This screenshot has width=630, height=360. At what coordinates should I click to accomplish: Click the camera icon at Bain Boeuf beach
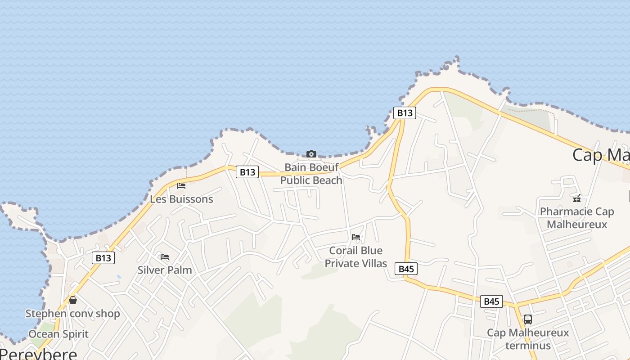point(311,154)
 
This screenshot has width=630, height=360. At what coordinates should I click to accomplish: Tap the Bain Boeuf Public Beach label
point(311,174)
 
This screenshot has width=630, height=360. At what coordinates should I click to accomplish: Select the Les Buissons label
point(181,199)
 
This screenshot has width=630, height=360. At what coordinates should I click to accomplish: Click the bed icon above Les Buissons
point(181,185)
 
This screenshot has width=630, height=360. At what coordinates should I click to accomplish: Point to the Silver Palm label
point(165,270)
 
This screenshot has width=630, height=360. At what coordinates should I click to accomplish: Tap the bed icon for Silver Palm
point(165,257)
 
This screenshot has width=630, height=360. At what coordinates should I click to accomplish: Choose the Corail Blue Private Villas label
point(356,257)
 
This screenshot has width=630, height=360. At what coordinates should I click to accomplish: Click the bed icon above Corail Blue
point(356,237)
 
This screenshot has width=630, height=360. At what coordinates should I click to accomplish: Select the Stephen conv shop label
point(72,314)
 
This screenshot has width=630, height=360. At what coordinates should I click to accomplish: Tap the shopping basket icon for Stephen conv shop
point(73,300)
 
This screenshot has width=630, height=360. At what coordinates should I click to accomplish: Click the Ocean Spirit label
point(58,334)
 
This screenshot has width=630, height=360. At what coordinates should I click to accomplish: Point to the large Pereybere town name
point(39,354)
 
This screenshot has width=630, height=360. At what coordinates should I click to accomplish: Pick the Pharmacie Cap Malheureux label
point(576,218)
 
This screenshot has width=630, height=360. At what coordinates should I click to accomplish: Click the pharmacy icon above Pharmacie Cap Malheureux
point(576,198)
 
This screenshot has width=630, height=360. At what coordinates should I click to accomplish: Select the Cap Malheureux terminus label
point(528,339)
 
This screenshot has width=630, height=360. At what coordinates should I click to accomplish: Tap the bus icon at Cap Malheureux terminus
point(528,319)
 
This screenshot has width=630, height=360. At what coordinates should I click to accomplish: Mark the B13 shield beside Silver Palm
point(103,258)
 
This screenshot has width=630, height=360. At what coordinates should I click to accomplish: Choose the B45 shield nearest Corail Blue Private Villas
point(406,269)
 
